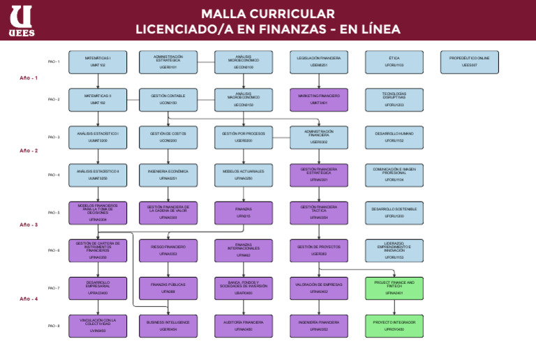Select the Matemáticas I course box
[x=98, y=62]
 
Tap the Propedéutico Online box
[x=469, y=62]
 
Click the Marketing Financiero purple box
[x=318, y=100]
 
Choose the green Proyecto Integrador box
[x=394, y=326]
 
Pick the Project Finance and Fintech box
[x=394, y=288]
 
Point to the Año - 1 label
[x=29, y=78]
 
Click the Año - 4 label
[x=29, y=299]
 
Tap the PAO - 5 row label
[x=54, y=213]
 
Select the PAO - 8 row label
[x=54, y=326]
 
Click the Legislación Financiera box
[x=318, y=62]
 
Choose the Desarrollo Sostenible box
[x=394, y=213]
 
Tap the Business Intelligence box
[x=167, y=326]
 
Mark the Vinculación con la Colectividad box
[x=98, y=326]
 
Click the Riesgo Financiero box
[x=167, y=250]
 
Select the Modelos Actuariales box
[x=243, y=175]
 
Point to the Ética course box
[x=394, y=62]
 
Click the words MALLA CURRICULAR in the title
[x=268, y=14]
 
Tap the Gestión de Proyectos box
[x=318, y=250]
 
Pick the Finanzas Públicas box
[x=167, y=288]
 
